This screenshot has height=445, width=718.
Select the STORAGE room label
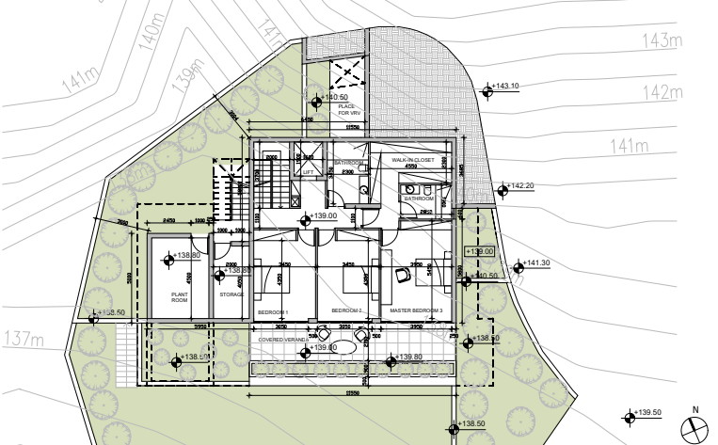click(x=231, y=294)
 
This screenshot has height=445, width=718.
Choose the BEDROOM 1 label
click(x=272, y=311)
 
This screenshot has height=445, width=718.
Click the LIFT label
click(x=308, y=172)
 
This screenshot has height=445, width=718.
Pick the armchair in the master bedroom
click(x=403, y=275)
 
